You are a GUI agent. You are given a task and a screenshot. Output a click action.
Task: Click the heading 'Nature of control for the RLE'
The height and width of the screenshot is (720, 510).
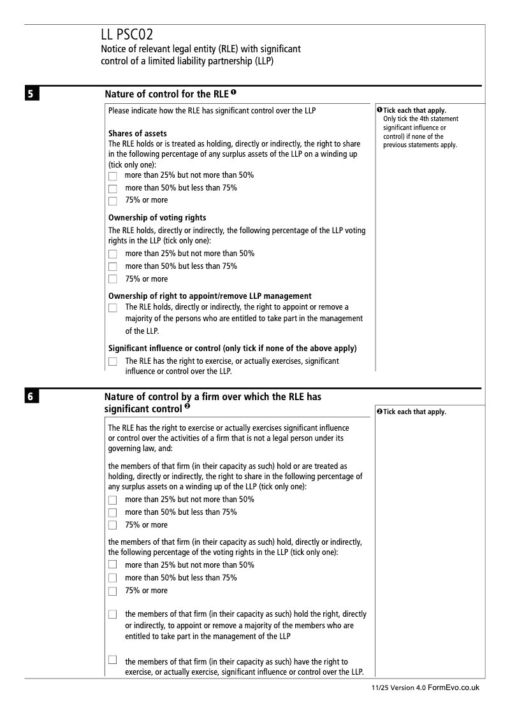point(166,94)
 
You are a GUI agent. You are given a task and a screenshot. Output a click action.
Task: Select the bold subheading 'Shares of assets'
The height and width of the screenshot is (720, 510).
point(138,133)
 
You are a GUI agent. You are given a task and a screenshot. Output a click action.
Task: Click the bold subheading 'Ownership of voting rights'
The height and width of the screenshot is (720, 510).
point(157,218)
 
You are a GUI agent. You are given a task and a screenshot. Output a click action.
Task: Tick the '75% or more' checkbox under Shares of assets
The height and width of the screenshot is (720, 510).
point(113,201)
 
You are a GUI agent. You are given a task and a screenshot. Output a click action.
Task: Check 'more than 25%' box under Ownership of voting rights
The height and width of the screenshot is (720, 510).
point(113,254)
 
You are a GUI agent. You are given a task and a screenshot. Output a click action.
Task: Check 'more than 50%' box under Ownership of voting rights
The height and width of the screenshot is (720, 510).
point(113,267)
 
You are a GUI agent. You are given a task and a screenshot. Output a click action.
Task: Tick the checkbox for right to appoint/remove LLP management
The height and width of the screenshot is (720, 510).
point(113,308)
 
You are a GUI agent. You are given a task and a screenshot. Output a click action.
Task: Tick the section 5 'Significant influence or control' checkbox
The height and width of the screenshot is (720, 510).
point(113,362)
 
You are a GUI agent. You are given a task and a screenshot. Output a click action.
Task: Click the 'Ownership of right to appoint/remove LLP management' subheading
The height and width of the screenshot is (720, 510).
point(210,296)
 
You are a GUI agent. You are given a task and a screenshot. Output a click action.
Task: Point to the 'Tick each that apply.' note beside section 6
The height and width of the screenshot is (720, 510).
point(414,412)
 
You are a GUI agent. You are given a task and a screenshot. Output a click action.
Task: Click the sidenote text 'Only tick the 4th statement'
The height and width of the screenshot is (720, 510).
point(420,119)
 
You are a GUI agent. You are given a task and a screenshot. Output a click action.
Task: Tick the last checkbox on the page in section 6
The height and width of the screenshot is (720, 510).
point(113,659)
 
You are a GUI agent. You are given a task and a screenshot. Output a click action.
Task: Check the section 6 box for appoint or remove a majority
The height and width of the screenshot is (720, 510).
point(113,614)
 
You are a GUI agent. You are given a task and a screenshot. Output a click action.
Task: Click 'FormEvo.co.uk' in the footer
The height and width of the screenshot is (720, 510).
point(453,688)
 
